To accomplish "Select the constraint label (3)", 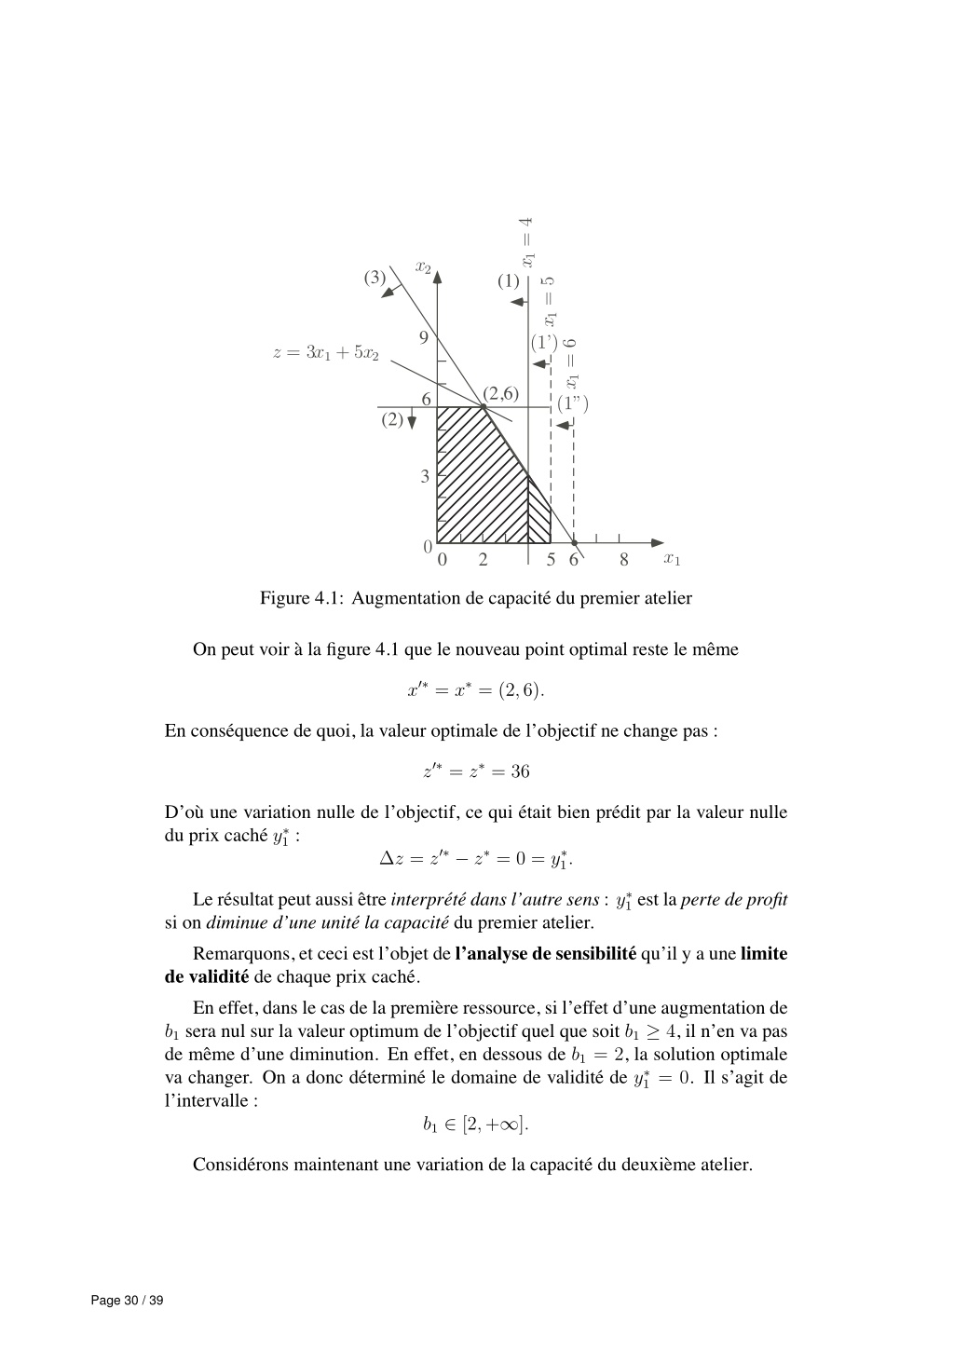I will [x=375, y=277].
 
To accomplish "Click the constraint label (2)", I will [x=392, y=419].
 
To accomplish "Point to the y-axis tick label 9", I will [x=424, y=337].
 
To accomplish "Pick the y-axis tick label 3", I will [x=425, y=476].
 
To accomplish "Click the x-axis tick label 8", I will [x=624, y=560].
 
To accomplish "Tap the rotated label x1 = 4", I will [x=527, y=239].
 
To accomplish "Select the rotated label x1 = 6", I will [x=573, y=363].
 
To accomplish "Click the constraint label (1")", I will [x=573, y=404].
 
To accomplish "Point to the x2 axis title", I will [x=424, y=267].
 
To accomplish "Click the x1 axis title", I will [x=672, y=559].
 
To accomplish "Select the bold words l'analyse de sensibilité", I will [x=546, y=954].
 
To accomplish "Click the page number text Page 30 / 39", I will [x=127, y=1301].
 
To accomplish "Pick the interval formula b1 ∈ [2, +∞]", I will [x=475, y=1125].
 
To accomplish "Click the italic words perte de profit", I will [x=734, y=900].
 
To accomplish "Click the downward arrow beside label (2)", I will [x=412, y=421].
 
